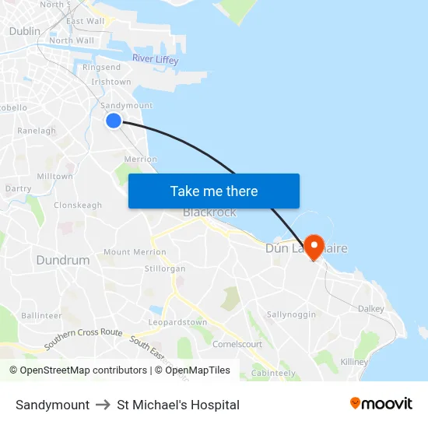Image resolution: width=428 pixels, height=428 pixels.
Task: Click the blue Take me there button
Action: [214, 191]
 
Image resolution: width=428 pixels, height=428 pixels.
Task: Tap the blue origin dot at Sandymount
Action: [114, 120]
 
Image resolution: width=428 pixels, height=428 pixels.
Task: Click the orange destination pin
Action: [314, 247]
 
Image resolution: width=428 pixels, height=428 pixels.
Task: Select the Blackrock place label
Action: [209, 212]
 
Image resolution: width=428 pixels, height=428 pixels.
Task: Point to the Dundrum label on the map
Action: [63, 260]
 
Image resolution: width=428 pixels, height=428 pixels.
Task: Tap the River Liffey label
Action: [155, 59]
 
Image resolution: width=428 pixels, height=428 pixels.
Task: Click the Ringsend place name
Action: [101, 68]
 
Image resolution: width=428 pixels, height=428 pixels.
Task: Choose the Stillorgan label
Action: [165, 268]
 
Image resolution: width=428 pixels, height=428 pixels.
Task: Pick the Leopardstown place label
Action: [177, 322]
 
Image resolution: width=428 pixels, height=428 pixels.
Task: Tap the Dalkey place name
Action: [371, 308]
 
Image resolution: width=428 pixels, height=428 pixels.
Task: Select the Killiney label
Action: [354, 362]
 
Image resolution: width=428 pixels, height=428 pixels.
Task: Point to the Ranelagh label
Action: [37, 131]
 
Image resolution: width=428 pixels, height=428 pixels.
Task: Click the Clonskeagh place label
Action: [78, 205]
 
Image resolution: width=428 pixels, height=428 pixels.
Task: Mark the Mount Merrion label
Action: [135, 252]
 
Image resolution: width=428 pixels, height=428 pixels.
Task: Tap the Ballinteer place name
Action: [41, 315]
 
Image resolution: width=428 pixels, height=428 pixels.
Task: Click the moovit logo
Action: [381, 404]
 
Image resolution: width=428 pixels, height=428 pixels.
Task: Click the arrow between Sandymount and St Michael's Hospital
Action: [103, 405]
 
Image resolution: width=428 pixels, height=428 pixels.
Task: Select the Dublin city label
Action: [24, 31]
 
